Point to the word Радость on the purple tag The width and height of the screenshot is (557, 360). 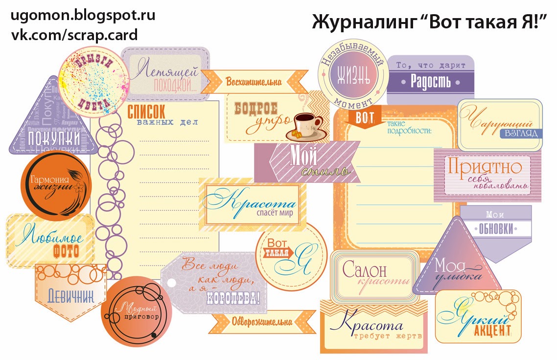click(430, 81)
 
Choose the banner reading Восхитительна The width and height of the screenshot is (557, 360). click(254, 82)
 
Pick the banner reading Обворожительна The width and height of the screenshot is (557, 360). click(262, 322)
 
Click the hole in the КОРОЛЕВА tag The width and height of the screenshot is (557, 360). click(171, 282)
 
